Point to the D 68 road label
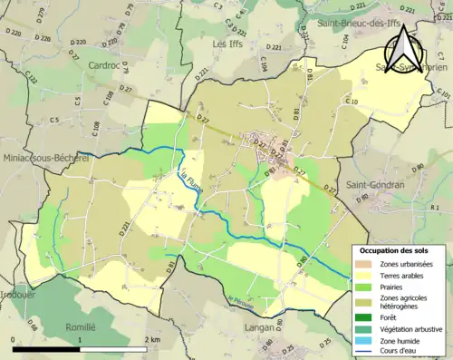point(300,261)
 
